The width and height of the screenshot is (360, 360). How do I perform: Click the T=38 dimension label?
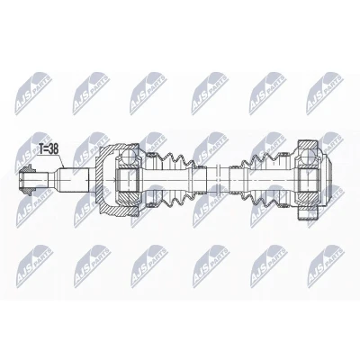[x=49, y=149]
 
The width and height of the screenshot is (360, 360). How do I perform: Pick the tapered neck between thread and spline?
[x=53, y=180]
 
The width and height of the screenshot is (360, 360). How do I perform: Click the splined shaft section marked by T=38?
[x=74, y=180]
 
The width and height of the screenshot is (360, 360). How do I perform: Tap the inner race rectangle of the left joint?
[x=127, y=180]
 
